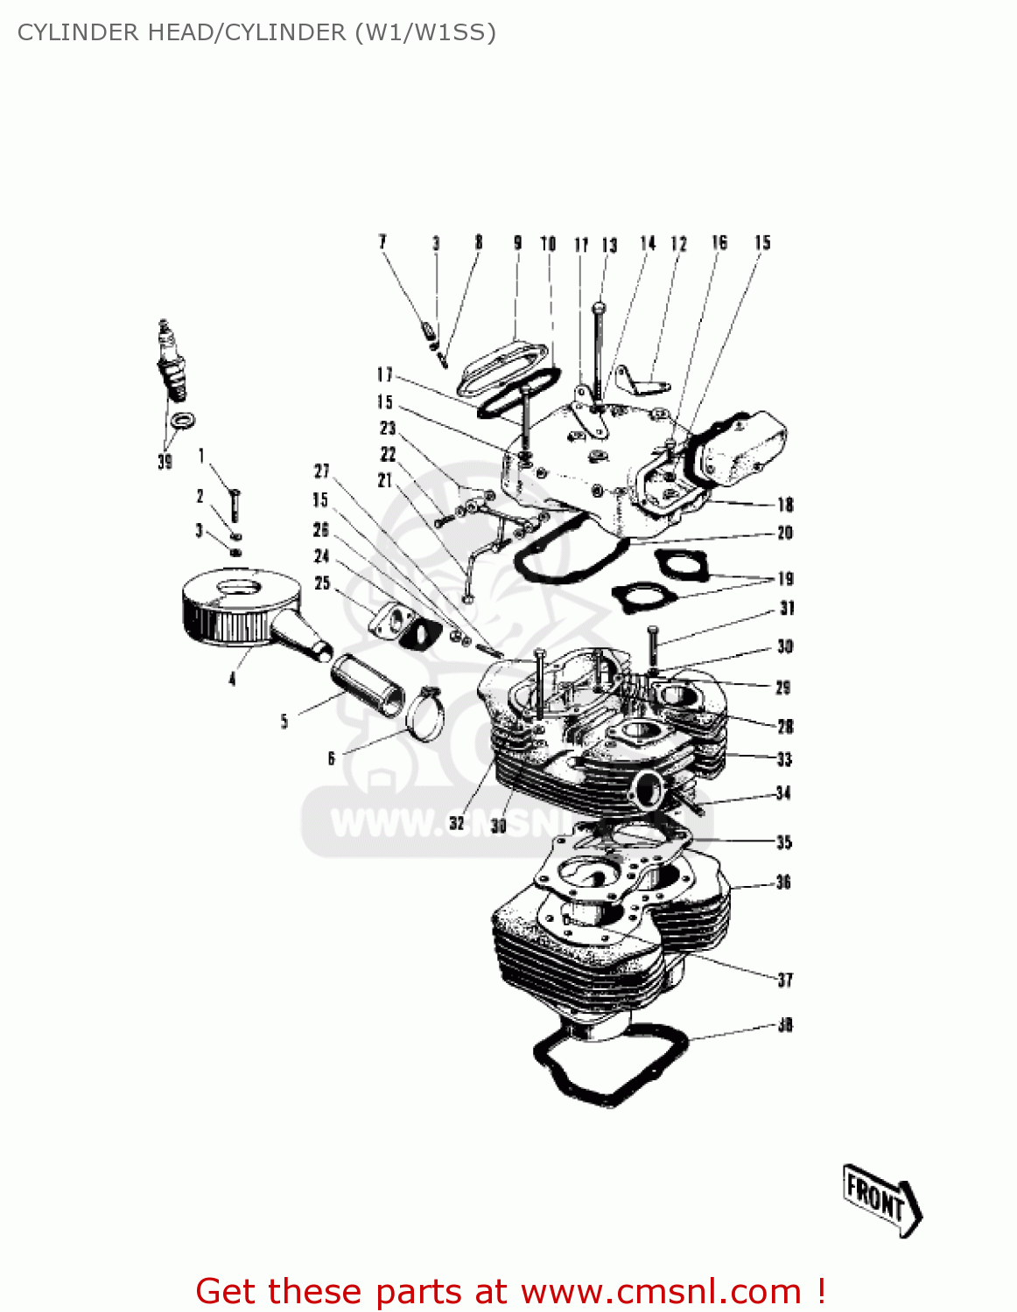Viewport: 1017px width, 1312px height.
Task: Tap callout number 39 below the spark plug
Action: point(165,461)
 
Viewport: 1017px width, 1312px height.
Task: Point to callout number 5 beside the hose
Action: point(284,721)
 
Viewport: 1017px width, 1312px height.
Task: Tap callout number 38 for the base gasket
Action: point(785,1024)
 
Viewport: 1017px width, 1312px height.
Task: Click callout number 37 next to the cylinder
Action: point(785,980)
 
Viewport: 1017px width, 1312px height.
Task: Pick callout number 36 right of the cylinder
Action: point(783,882)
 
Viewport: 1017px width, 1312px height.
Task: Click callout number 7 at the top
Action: point(382,241)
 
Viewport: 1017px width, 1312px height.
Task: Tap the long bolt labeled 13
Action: point(598,350)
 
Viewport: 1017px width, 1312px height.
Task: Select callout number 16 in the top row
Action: point(719,242)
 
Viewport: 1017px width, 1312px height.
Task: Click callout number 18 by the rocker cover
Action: point(785,504)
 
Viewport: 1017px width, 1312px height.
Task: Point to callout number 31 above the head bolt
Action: point(787,608)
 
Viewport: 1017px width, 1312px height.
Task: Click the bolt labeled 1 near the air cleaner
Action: point(235,504)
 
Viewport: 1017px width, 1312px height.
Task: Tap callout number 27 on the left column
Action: point(322,471)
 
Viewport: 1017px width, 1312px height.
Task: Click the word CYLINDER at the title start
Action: point(71,32)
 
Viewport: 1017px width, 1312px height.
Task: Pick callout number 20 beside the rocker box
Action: point(785,533)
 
